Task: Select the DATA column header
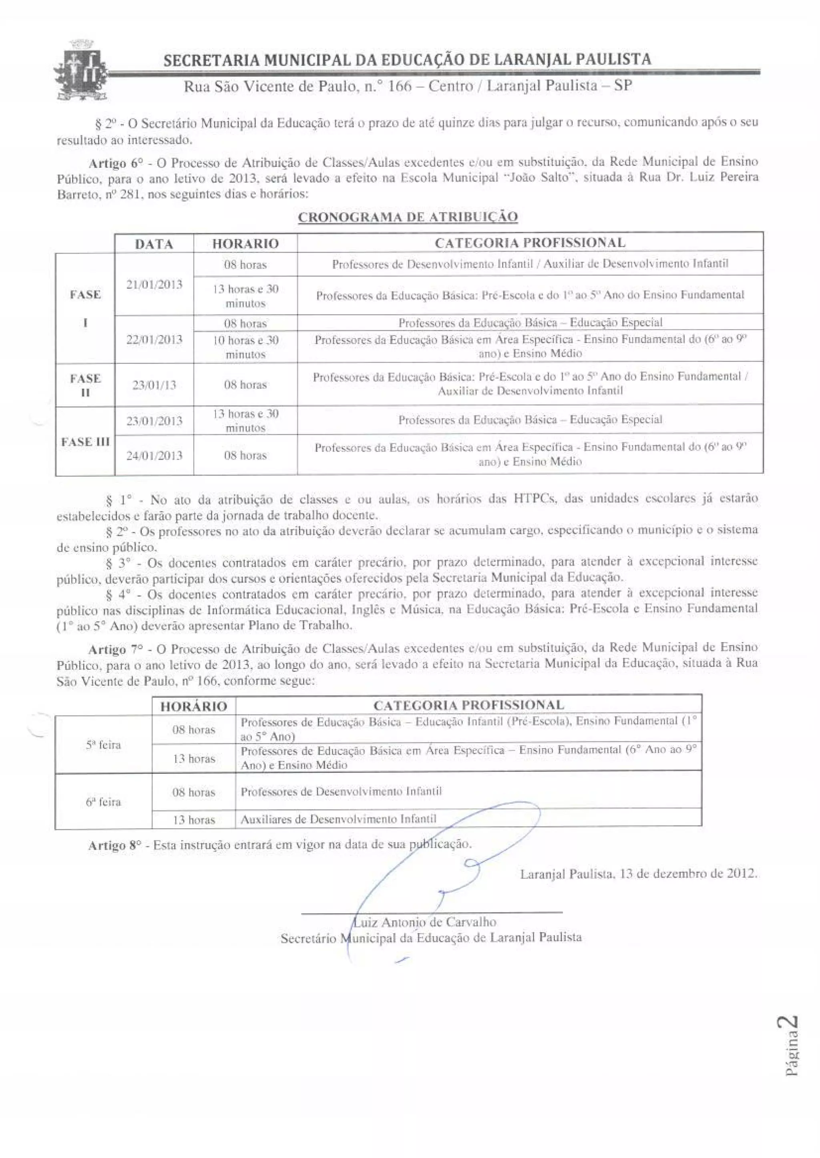[x=154, y=244]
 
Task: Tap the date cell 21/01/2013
[x=154, y=284]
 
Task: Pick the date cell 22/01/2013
[x=154, y=339]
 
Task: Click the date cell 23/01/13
[x=154, y=385]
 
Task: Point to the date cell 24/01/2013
[x=154, y=456]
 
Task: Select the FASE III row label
[x=85, y=442]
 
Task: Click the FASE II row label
[x=85, y=385]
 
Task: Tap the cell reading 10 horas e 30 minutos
[x=245, y=347]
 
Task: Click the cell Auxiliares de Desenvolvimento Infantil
[x=338, y=819]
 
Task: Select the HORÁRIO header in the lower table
[x=194, y=706]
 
